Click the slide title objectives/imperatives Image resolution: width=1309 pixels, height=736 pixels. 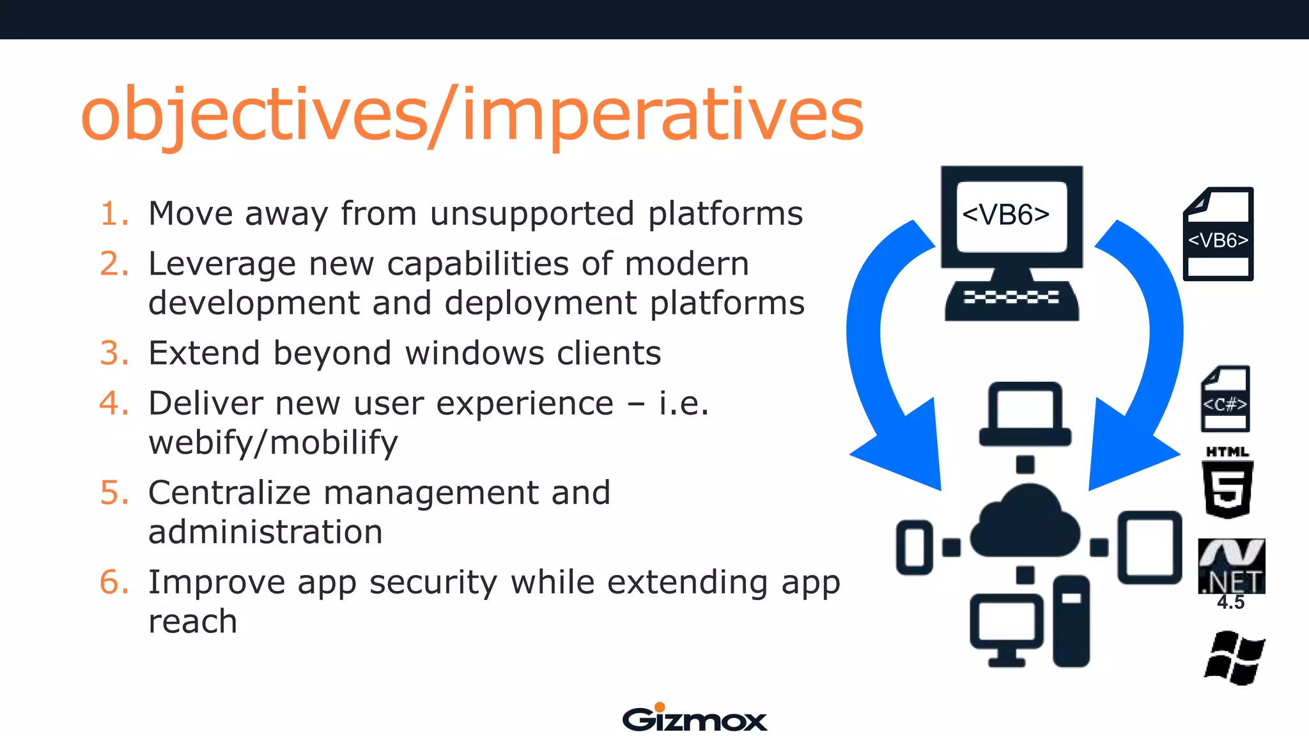point(472,115)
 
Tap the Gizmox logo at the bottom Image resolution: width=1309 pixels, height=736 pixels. point(694,718)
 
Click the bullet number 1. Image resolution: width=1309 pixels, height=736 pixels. point(114,213)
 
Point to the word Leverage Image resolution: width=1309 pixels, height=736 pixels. point(222,264)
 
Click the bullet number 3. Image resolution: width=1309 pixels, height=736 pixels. point(114,353)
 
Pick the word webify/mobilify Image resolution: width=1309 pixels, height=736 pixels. point(273,443)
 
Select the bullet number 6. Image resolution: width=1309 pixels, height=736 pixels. point(114,583)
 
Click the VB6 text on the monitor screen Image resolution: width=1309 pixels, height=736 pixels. point(1006,215)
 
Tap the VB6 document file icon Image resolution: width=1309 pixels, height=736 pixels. point(1218,234)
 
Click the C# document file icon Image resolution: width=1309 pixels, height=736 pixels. point(1225,399)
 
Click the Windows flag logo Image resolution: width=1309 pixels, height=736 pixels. point(1234,658)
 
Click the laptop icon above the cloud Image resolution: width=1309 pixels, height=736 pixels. point(1025,414)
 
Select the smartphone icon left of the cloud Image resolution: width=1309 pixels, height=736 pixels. point(914,548)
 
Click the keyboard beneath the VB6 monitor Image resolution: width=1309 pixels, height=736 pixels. point(1012,300)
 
